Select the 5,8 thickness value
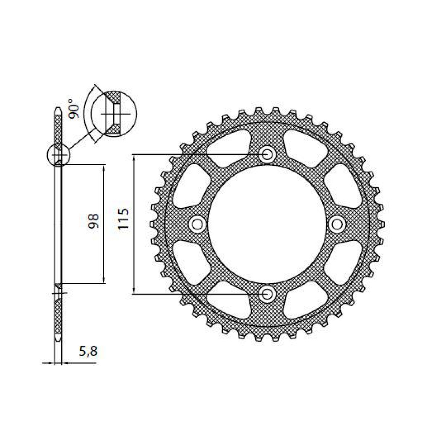(x=88, y=352)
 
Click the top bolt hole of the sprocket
(x=267, y=154)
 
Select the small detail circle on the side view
(x=58, y=154)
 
